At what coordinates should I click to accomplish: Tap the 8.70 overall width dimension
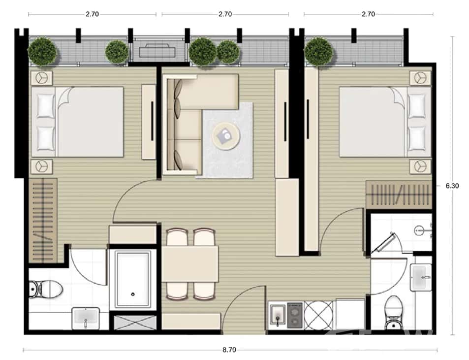coord(229,350)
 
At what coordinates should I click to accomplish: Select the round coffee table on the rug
coord(226,134)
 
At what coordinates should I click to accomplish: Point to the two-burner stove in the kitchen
coord(295,315)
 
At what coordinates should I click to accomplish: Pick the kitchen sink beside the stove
coord(277,315)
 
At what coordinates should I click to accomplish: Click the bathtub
coord(133,280)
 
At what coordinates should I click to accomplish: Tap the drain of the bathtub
coord(133,294)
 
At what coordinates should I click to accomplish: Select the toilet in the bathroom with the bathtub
coord(36,289)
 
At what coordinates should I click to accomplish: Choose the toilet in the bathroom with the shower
coord(394,310)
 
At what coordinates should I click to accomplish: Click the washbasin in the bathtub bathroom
coord(86,318)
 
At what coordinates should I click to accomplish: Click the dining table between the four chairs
coord(190,263)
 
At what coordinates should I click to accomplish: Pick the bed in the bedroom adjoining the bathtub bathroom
coord(79,122)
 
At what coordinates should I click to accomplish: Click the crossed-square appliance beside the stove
coord(318,315)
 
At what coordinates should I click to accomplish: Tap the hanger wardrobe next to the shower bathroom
coord(399,195)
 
